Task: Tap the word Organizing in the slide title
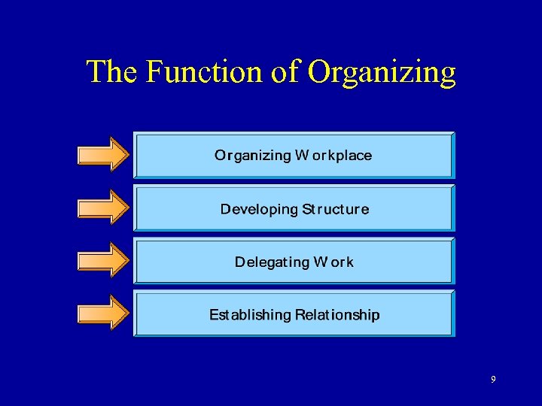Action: click(x=382, y=73)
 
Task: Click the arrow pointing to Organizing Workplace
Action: click(x=104, y=154)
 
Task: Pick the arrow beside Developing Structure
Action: click(x=104, y=207)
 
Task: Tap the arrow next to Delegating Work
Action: click(x=104, y=259)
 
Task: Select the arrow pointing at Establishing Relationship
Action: click(x=104, y=312)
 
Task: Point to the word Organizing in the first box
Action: click(x=252, y=156)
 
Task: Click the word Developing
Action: click(x=259, y=210)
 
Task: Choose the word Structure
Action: click(x=336, y=209)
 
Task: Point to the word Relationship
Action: click(x=337, y=314)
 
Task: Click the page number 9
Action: click(x=493, y=380)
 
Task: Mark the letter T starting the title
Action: click(x=96, y=71)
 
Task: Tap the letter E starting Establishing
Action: click(x=214, y=314)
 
